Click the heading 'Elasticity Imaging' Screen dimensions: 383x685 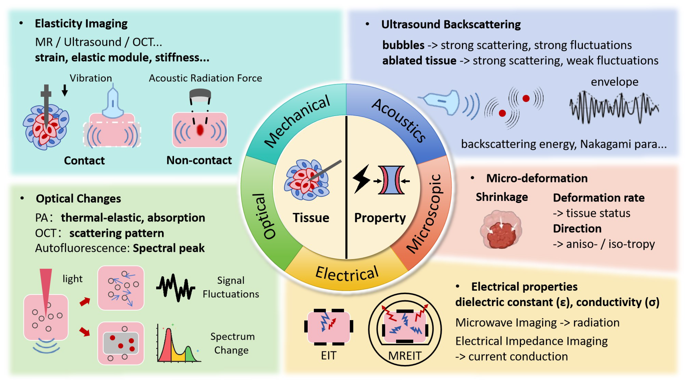point(81,24)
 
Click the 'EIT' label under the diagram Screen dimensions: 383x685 point(329,356)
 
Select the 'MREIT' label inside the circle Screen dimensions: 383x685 point(405,356)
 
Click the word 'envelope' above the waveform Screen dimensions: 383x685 point(614,82)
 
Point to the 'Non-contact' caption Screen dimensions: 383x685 point(199,160)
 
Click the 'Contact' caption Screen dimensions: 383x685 point(84,160)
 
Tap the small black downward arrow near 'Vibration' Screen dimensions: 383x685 point(65,90)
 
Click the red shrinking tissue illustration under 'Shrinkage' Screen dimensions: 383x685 point(501,230)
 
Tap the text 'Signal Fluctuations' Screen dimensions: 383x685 point(231,287)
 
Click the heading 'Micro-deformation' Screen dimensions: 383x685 point(537,178)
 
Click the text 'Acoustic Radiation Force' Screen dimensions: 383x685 point(205,78)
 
